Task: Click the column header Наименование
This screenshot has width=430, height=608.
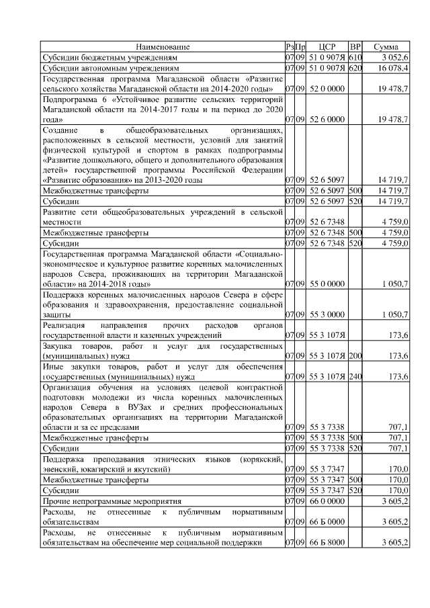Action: [x=163, y=47]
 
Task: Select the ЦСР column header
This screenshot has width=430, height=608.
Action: [x=327, y=47]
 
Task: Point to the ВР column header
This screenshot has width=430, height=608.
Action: [x=355, y=47]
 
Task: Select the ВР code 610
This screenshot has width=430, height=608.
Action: [x=355, y=58]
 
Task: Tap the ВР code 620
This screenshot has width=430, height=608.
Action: [x=355, y=69]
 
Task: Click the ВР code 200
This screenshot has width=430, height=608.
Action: [x=355, y=355]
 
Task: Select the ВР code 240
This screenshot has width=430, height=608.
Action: [x=355, y=376]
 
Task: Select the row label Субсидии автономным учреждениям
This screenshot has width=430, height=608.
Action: [x=110, y=69]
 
